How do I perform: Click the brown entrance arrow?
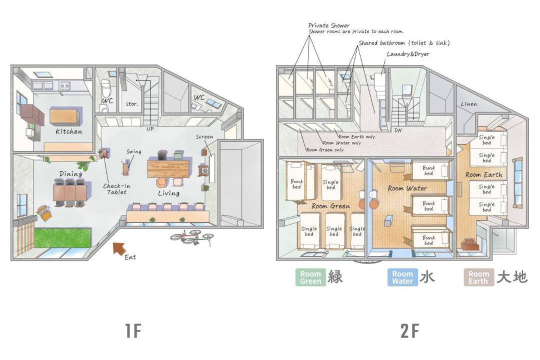point(119,248)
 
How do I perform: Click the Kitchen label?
point(69,131)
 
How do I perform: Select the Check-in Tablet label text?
point(116,189)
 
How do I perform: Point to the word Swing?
point(134,151)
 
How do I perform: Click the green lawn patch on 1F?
point(62,237)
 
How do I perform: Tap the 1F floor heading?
point(133,330)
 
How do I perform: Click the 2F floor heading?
point(409,330)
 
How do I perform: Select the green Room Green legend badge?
point(310,277)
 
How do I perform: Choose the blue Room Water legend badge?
point(402,277)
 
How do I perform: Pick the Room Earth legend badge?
point(478,277)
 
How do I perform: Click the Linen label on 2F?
point(469,103)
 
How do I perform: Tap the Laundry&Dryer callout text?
point(408,54)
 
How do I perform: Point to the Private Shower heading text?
point(329,25)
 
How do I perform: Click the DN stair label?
point(398,130)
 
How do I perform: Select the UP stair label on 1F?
point(150,129)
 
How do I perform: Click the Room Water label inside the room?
point(407,188)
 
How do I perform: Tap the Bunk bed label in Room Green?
point(296,184)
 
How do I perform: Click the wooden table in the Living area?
point(169,168)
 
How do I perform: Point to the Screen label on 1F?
point(204,137)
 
